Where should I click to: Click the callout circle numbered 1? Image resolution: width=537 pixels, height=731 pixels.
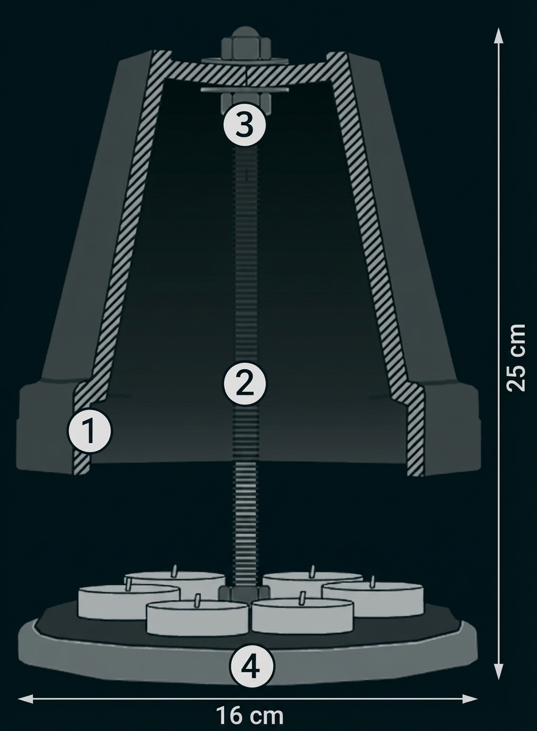tap(90, 431)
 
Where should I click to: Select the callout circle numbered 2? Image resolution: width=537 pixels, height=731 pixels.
tap(245, 385)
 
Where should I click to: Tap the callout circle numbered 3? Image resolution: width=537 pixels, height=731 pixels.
tap(245, 126)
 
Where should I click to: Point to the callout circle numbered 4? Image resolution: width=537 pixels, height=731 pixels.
tap(251, 667)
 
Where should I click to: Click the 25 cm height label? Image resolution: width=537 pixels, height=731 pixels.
tap(516, 358)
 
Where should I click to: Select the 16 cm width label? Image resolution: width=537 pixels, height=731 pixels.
tap(250, 715)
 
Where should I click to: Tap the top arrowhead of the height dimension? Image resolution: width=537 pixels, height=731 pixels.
tap(499, 36)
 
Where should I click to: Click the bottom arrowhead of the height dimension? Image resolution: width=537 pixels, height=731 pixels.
tap(499, 671)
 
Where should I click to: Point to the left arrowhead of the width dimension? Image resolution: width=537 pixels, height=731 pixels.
tap(26, 699)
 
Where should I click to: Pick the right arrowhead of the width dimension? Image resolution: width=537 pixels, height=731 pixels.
tap(470, 699)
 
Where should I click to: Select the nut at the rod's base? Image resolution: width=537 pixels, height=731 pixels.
tap(244, 594)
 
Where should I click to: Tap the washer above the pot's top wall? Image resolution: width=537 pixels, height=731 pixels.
tap(245, 60)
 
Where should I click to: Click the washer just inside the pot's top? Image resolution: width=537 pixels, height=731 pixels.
tap(245, 90)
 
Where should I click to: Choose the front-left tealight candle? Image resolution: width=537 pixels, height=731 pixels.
tap(197, 616)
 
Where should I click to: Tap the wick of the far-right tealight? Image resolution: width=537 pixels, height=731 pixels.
tap(372, 582)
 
